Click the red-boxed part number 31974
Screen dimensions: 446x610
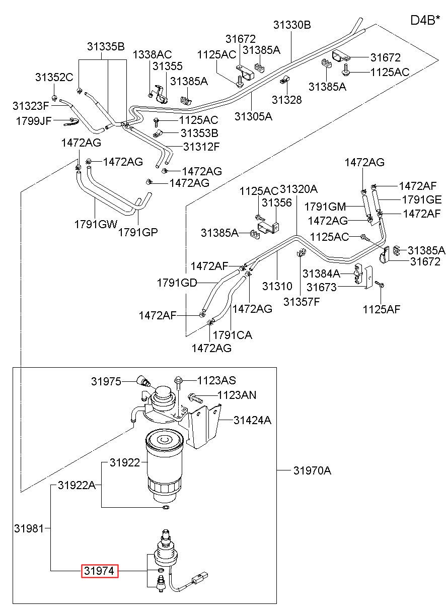pyautogui.click(x=100, y=571)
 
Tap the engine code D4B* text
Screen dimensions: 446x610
pyautogui.click(x=425, y=20)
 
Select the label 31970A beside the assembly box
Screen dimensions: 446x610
pyautogui.click(x=312, y=470)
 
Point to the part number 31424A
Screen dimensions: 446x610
pyautogui.click(x=252, y=420)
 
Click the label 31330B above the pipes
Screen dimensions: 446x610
pyautogui.click(x=291, y=25)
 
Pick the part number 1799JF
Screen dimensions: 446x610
pyautogui.click(x=34, y=121)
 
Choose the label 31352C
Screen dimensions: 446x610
pyautogui.click(x=54, y=78)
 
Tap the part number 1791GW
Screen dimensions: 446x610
pyautogui.click(x=96, y=224)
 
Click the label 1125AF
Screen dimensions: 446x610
pyautogui.click(x=382, y=309)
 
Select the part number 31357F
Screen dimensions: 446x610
pyautogui.click(x=302, y=302)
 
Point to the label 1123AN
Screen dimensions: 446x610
pyautogui.click(x=237, y=395)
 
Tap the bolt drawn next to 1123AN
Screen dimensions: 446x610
pyautogui.click(x=195, y=398)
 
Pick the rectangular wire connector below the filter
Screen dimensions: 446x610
pyautogui.click(x=199, y=577)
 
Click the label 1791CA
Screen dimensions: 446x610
pyautogui.click(x=232, y=334)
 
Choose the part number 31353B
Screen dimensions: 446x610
pyautogui.click(x=199, y=133)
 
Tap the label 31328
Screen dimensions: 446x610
pyautogui.click(x=286, y=100)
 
